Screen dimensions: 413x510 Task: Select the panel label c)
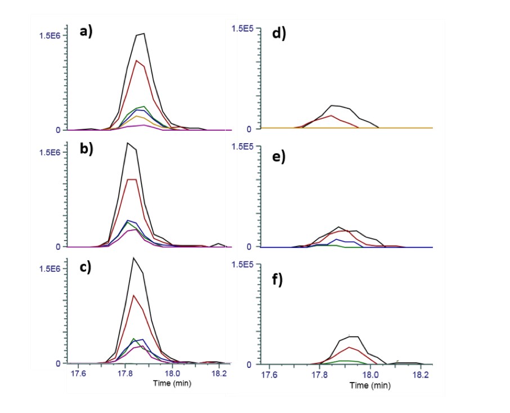[x=86, y=267]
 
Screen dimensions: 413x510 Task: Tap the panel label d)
[x=279, y=33]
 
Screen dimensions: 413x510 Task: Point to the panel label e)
[x=279, y=157]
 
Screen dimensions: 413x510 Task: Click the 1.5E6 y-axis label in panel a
[x=50, y=35]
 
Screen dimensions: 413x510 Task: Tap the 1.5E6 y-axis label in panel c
[x=50, y=269]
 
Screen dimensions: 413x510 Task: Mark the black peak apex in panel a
[x=144, y=33]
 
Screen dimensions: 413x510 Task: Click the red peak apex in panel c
[x=133, y=295]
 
